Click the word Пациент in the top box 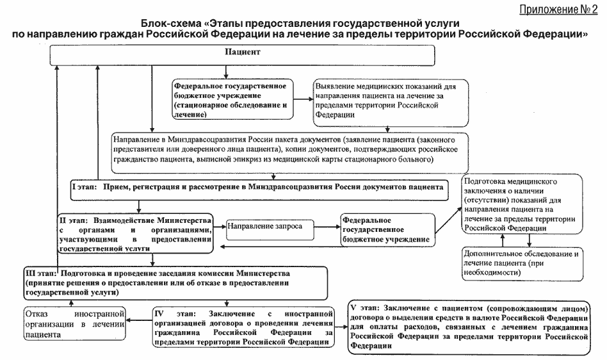(x=243, y=52)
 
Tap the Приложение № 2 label (x=558, y=10)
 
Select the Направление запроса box (x=270, y=229)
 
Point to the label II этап (x=74, y=220)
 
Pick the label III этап (x=40, y=274)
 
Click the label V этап (x=364, y=308)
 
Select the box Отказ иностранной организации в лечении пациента (x=75, y=323)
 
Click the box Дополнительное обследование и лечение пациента (x=522, y=264)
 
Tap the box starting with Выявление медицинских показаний (x=391, y=103)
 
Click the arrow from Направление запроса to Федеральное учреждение (x=327, y=227)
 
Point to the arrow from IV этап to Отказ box (x=140, y=320)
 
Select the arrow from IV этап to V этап (x=341, y=327)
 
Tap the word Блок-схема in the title (x=169, y=24)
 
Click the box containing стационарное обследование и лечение (x=232, y=99)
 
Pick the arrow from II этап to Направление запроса (x=220, y=227)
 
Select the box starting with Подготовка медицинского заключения (x=522, y=204)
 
